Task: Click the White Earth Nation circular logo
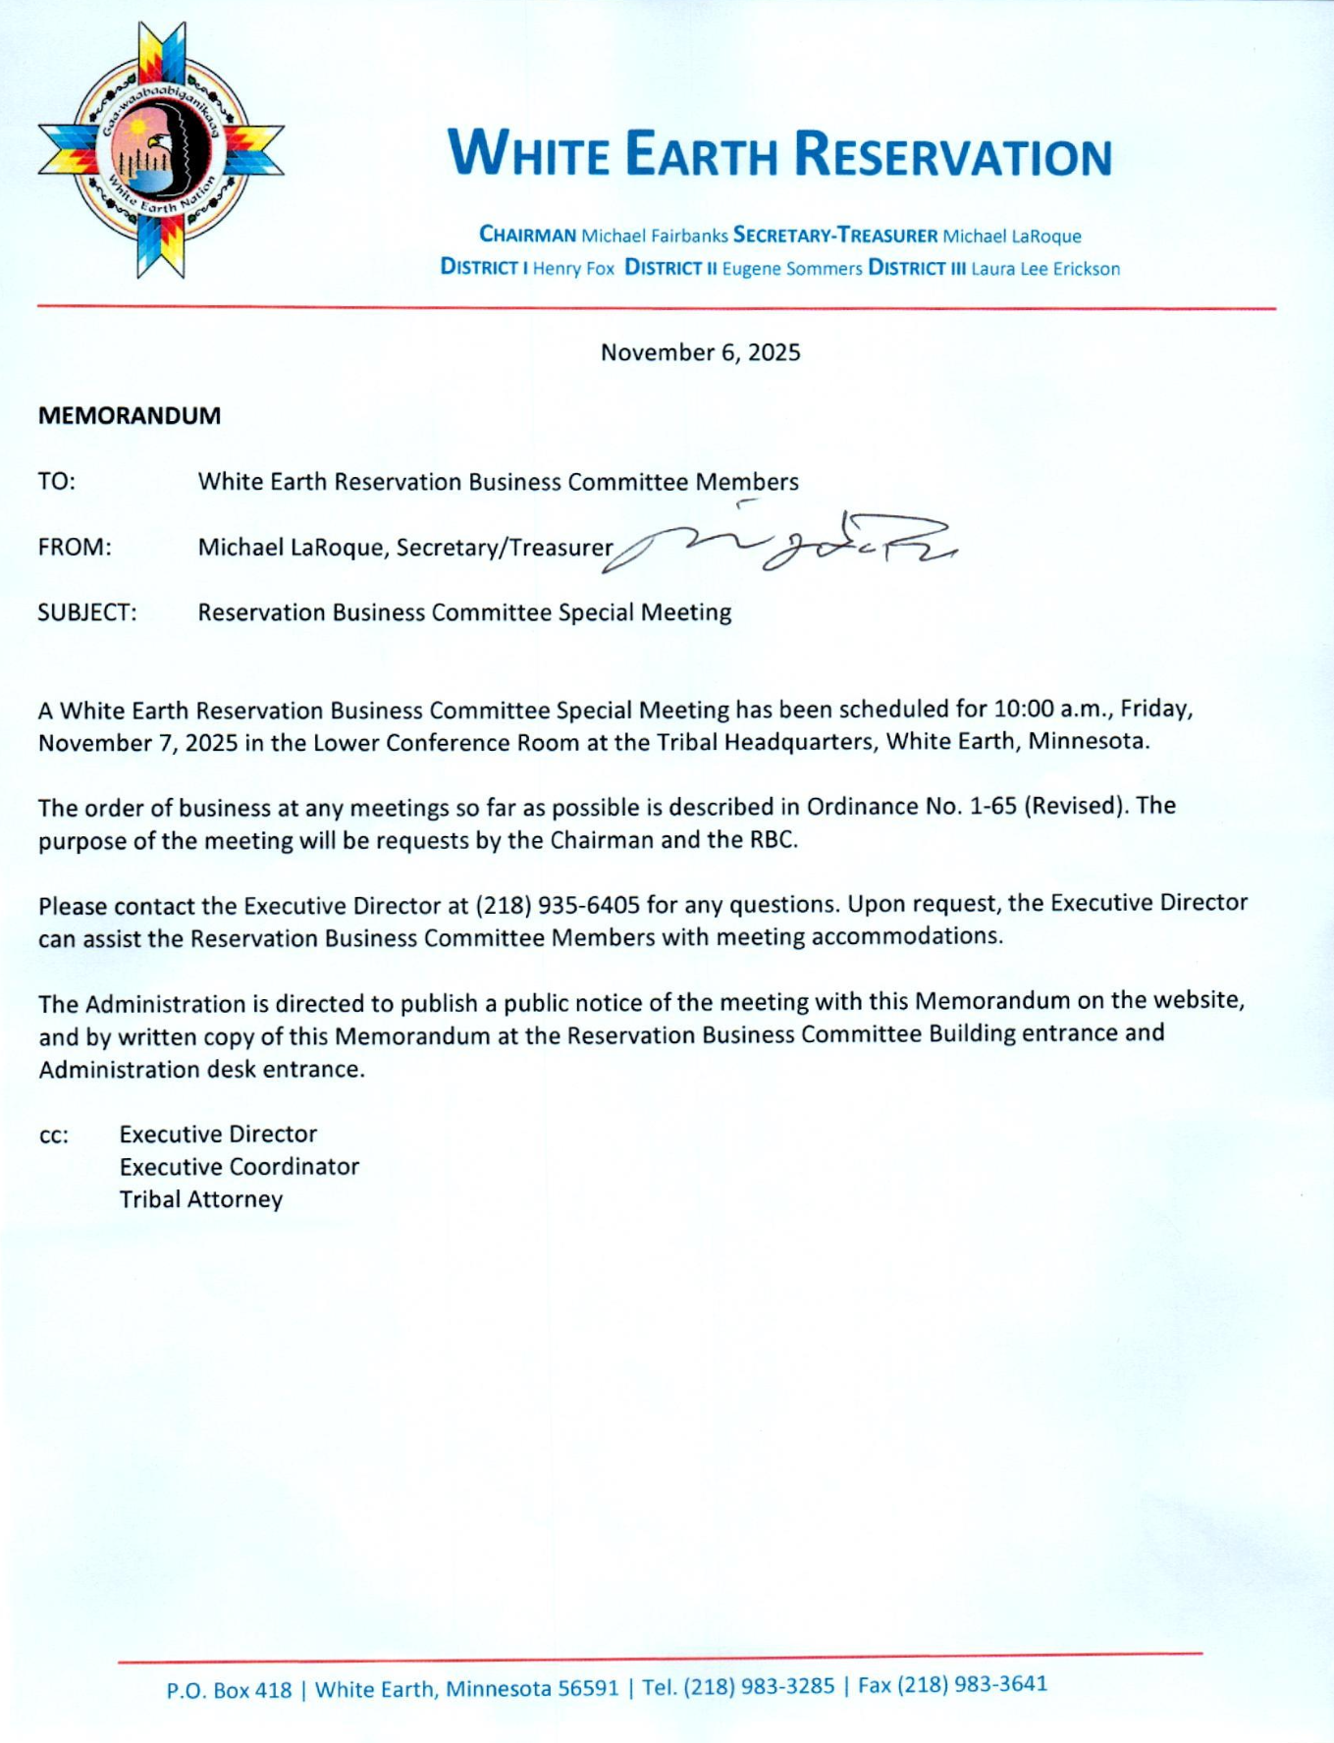pyautogui.click(x=161, y=150)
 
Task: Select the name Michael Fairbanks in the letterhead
pyautogui.click(x=655, y=236)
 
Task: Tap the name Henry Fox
pyautogui.click(x=573, y=268)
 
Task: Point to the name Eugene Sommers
pyautogui.click(x=792, y=268)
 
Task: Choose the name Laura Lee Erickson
pyautogui.click(x=1045, y=268)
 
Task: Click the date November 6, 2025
pyautogui.click(x=700, y=352)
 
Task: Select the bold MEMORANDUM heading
pyautogui.click(x=130, y=415)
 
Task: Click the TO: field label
pyautogui.click(x=57, y=481)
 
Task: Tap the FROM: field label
pyautogui.click(x=75, y=547)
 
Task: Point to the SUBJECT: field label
pyautogui.click(x=87, y=612)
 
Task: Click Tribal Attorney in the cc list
pyautogui.click(x=201, y=1199)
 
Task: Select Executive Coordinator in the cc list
pyautogui.click(x=240, y=1167)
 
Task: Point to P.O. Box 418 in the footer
pyautogui.click(x=229, y=1690)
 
